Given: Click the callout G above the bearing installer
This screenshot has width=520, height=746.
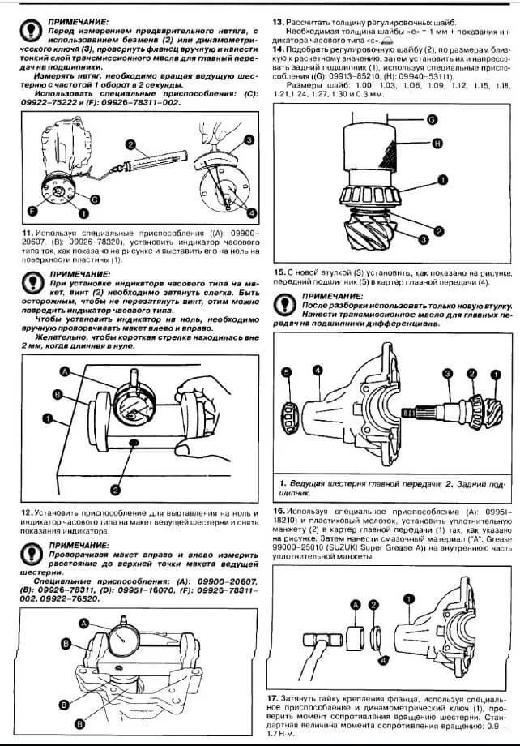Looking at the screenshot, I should point(432,119).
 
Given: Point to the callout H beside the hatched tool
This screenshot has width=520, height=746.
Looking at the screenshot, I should point(438,144).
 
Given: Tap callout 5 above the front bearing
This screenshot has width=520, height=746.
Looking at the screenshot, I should point(285,372).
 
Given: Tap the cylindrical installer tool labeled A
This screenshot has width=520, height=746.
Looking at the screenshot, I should point(353,632).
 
